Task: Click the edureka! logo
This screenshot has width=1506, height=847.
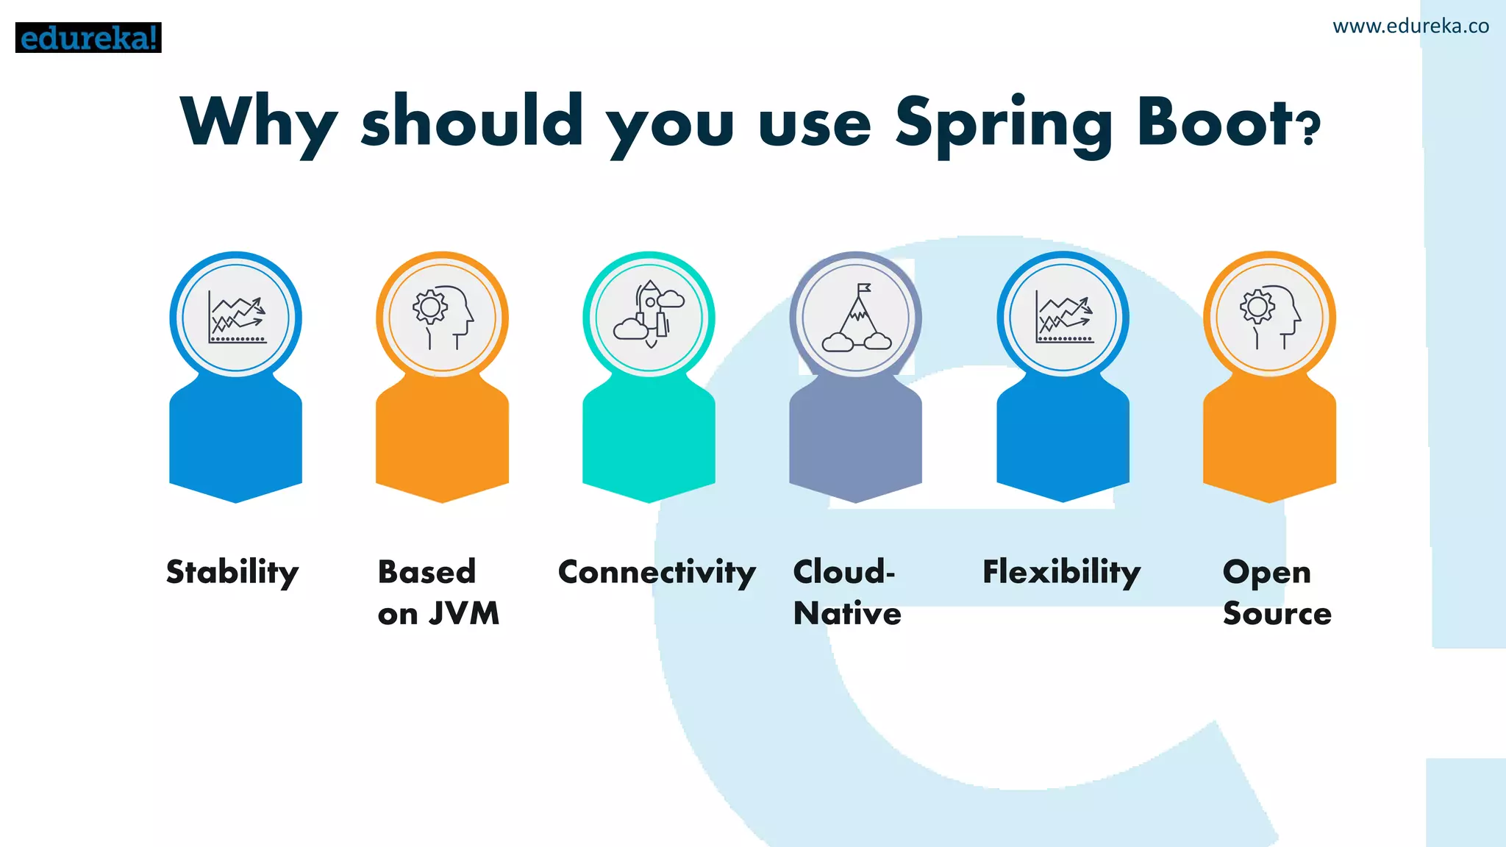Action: tap(88, 37)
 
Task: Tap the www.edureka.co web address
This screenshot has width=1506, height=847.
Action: tap(1410, 26)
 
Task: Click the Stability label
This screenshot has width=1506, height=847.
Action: tap(232, 573)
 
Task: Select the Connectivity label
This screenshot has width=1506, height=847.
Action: tap(657, 573)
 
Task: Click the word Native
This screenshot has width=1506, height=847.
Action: tap(847, 613)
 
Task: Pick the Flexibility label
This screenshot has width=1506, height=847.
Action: tap(1061, 573)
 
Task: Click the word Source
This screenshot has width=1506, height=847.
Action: tap(1277, 613)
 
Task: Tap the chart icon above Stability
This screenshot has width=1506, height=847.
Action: tap(236, 318)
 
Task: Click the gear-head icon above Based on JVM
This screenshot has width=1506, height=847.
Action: tap(443, 318)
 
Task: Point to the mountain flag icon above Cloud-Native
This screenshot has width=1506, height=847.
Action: tap(856, 318)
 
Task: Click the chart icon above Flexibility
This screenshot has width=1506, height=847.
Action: tap(1063, 318)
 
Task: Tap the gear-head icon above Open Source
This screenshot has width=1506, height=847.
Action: tap(1270, 318)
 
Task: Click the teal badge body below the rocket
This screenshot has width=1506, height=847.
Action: tap(649, 441)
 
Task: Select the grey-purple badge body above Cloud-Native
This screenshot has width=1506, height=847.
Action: tap(856, 441)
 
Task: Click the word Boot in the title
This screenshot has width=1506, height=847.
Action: tap(1213, 122)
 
